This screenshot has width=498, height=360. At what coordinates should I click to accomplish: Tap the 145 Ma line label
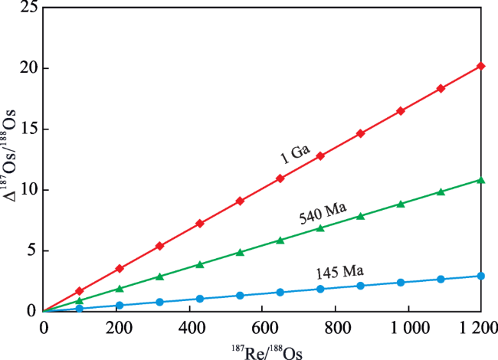(x=339, y=273)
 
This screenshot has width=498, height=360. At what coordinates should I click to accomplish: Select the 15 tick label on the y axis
(x=28, y=129)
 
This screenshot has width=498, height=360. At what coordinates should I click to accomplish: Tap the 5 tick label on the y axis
(x=32, y=250)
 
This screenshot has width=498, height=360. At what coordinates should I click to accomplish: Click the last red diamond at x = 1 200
(x=480, y=67)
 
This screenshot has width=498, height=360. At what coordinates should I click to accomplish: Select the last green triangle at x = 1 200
(x=480, y=180)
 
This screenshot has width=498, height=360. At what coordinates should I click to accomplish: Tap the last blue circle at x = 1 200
(x=480, y=276)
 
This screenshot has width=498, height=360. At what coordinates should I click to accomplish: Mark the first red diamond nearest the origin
(x=80, y=291)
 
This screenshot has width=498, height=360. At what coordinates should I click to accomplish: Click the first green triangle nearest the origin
(x=80, y=300)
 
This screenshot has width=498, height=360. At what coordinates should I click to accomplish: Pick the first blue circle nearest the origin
(x=80, y=308)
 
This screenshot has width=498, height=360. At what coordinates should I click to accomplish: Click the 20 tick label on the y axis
(x=28, y=68)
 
